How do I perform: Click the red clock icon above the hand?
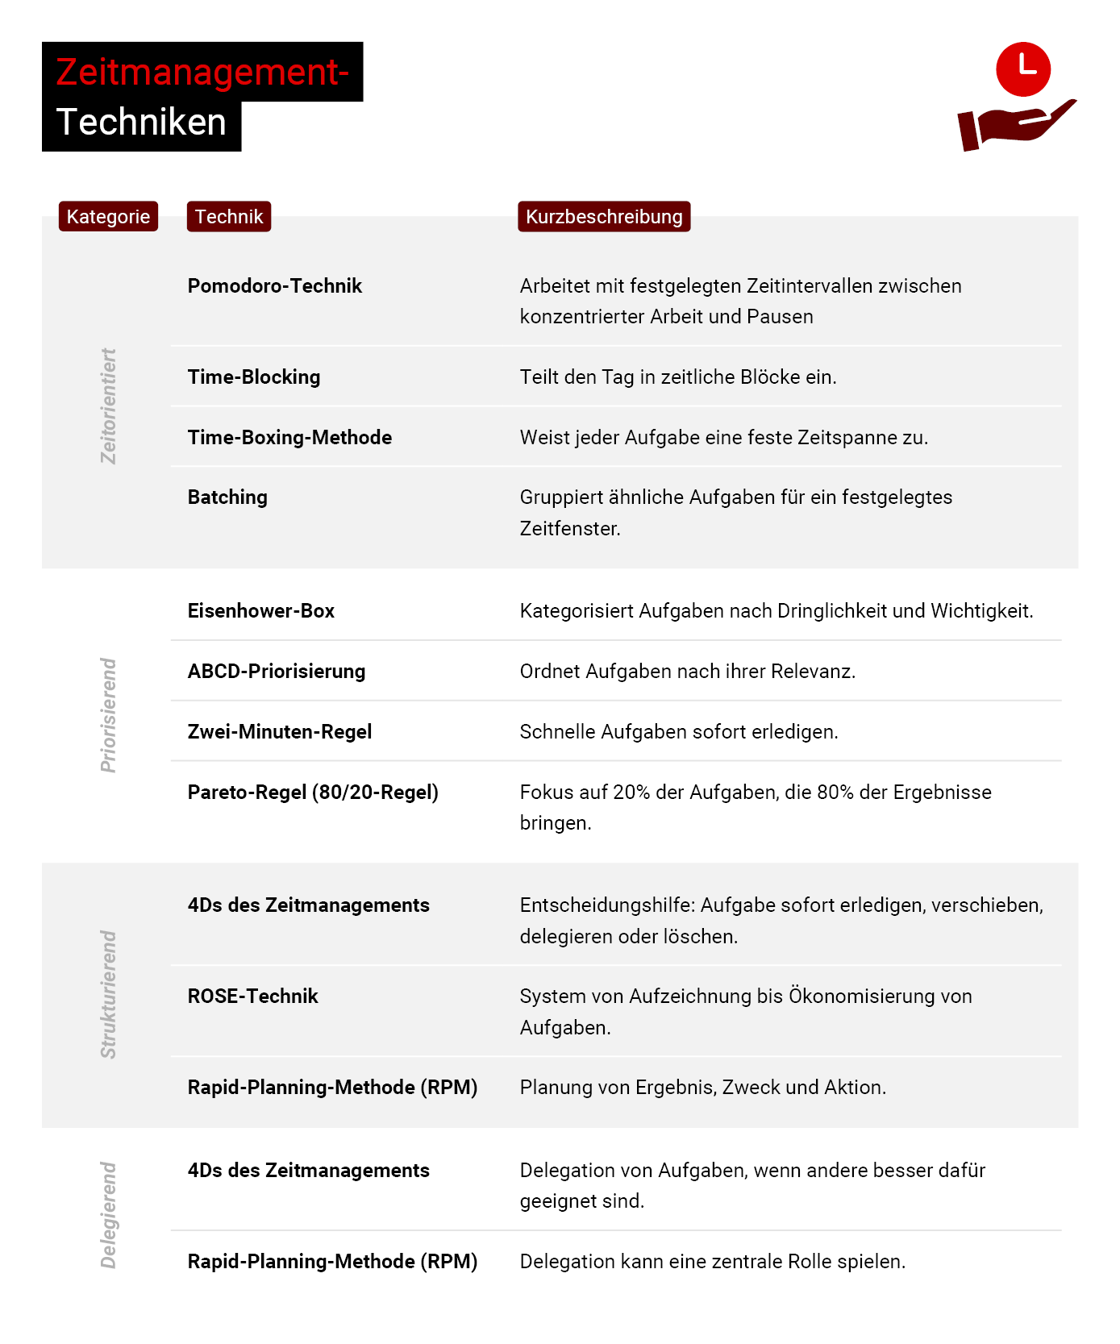[x=1022, y=69]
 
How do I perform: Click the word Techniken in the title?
[x=141, y=123]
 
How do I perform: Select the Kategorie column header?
[x=108, y=217]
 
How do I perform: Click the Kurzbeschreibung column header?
[x=604, y=217]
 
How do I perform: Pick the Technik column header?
[x=229, y=217]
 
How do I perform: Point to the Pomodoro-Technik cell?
[x=275, y=286]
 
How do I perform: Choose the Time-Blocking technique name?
[x=254, y=377]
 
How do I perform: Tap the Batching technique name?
[x=227, y=497]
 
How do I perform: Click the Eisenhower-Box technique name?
[x=261, y=611]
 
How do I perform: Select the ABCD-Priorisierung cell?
[x=277, y=672]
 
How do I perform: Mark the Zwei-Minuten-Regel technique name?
[x=280, y=732]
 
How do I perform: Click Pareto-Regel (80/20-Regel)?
[x=313, y=793]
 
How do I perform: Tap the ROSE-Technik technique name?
[x=253, y=997]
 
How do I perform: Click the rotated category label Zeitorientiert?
[x=109, y=406]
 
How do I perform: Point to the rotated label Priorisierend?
[x=109, y=715]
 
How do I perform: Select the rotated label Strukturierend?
[x=109, y=995]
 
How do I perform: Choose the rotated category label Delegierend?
[x=109, y=1215]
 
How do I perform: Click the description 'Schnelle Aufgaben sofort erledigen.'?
[x=679, y=732]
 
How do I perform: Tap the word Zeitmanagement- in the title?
[x=202, y=72]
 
